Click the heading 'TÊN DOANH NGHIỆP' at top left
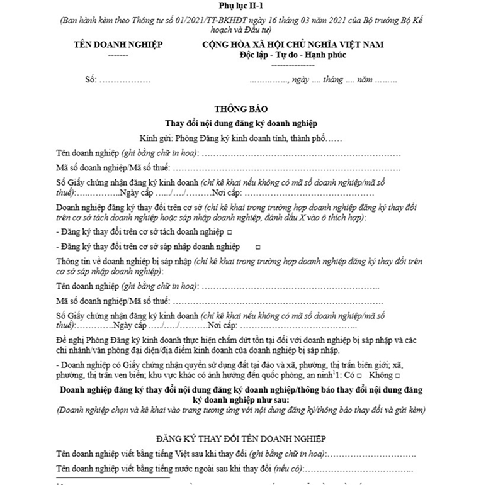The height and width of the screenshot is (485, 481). click(x=118, y=45)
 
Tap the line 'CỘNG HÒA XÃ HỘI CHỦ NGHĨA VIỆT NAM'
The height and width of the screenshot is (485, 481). click(x=293, y=45)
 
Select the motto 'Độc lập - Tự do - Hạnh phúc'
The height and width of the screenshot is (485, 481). click(x=293, y=55)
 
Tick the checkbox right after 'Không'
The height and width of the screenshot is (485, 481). click(x=397, y=376)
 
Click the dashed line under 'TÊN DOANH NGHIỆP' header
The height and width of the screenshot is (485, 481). click(x=118, y=55)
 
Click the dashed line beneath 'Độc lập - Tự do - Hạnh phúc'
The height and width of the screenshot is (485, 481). click(x=293, y=64)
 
